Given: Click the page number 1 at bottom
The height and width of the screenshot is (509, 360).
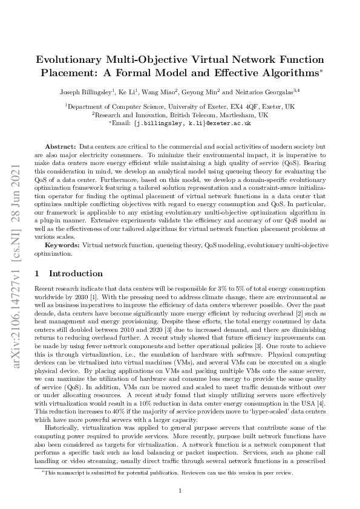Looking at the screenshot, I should pos(180,490).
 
